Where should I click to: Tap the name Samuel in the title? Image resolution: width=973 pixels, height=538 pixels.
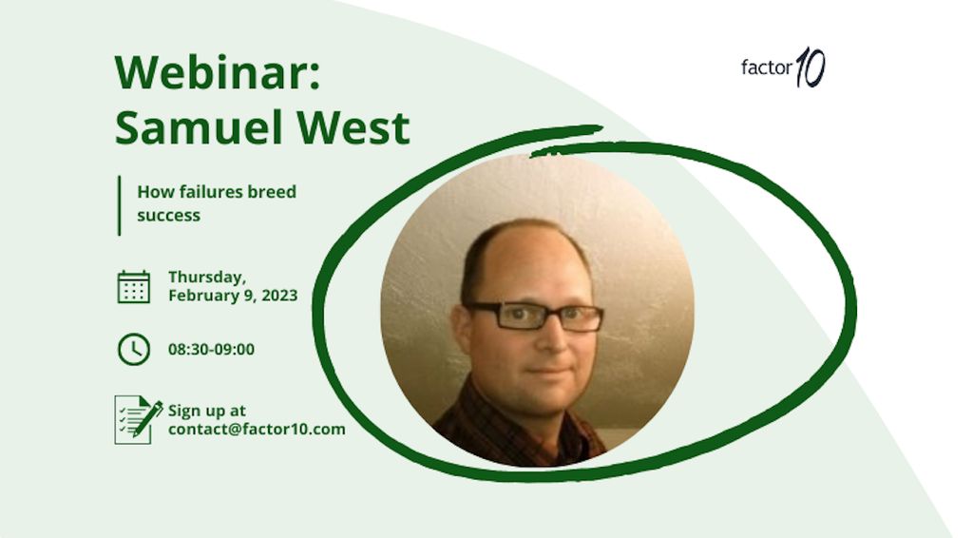201,127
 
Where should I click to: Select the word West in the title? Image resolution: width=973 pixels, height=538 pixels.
353,127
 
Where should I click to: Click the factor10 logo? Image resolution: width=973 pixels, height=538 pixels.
783,67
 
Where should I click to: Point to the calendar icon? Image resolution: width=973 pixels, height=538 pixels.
134,287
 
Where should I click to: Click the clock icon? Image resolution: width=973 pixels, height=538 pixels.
134,350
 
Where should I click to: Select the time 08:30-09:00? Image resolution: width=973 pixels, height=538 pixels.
212,350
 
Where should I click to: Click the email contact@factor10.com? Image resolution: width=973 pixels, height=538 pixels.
257,430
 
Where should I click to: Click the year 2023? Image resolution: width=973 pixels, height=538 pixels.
279,296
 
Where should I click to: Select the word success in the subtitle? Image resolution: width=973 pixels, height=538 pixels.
169,216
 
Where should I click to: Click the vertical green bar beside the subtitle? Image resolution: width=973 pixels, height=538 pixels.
119,205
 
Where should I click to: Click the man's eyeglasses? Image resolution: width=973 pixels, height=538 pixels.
534,316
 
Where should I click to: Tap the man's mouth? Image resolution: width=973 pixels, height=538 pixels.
548,371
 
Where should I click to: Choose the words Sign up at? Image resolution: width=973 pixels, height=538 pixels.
206,411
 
